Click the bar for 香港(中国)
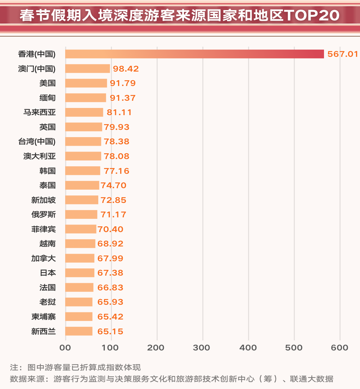point(194,54)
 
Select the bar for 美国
point(86,83)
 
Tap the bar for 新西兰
point(79,331)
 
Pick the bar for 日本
point(80,273)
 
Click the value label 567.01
point(342,54)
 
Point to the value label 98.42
point(126,69)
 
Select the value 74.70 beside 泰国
point(113,185)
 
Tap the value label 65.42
point(110,317)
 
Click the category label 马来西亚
point(40,112)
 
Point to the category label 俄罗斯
point(44,214)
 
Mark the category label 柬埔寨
point(44,317)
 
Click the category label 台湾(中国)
point(37,141)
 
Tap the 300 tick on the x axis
point(203,348)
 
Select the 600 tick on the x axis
point(340,348)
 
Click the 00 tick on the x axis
point(66,348)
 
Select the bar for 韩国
point(83,171)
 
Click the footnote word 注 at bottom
point(14,367)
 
